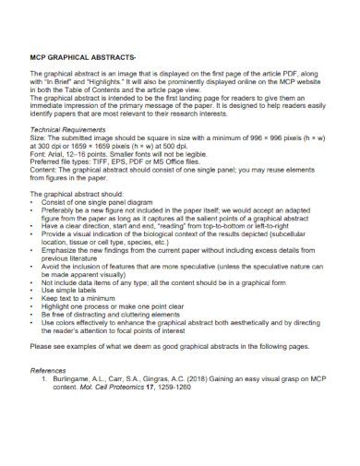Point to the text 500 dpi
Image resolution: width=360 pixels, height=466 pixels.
[169, 149]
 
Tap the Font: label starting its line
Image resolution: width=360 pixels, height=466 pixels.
[40, 156]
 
